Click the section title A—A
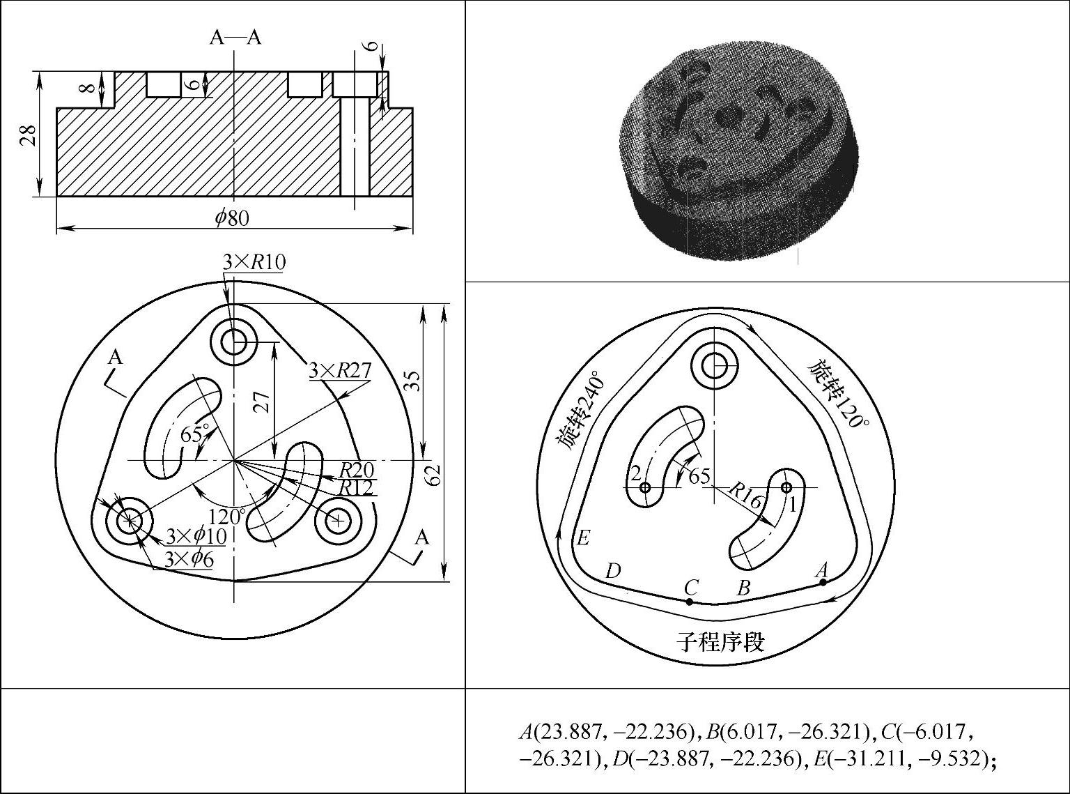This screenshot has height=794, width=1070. click(x=235, y=37)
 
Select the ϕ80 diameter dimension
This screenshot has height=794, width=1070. click(x=233, y=218)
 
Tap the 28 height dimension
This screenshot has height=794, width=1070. click(x=30, y=135)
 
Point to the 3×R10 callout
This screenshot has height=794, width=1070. click(x=254, y=262)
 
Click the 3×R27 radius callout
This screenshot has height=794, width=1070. click(x=340, y=371)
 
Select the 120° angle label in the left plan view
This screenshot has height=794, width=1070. click(x=228, y=516)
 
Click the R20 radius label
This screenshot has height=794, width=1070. click(x=357, y=469)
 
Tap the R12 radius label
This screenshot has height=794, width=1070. click(x=357, y=488)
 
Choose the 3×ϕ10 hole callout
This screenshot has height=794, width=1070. click(x=196, y=536)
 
